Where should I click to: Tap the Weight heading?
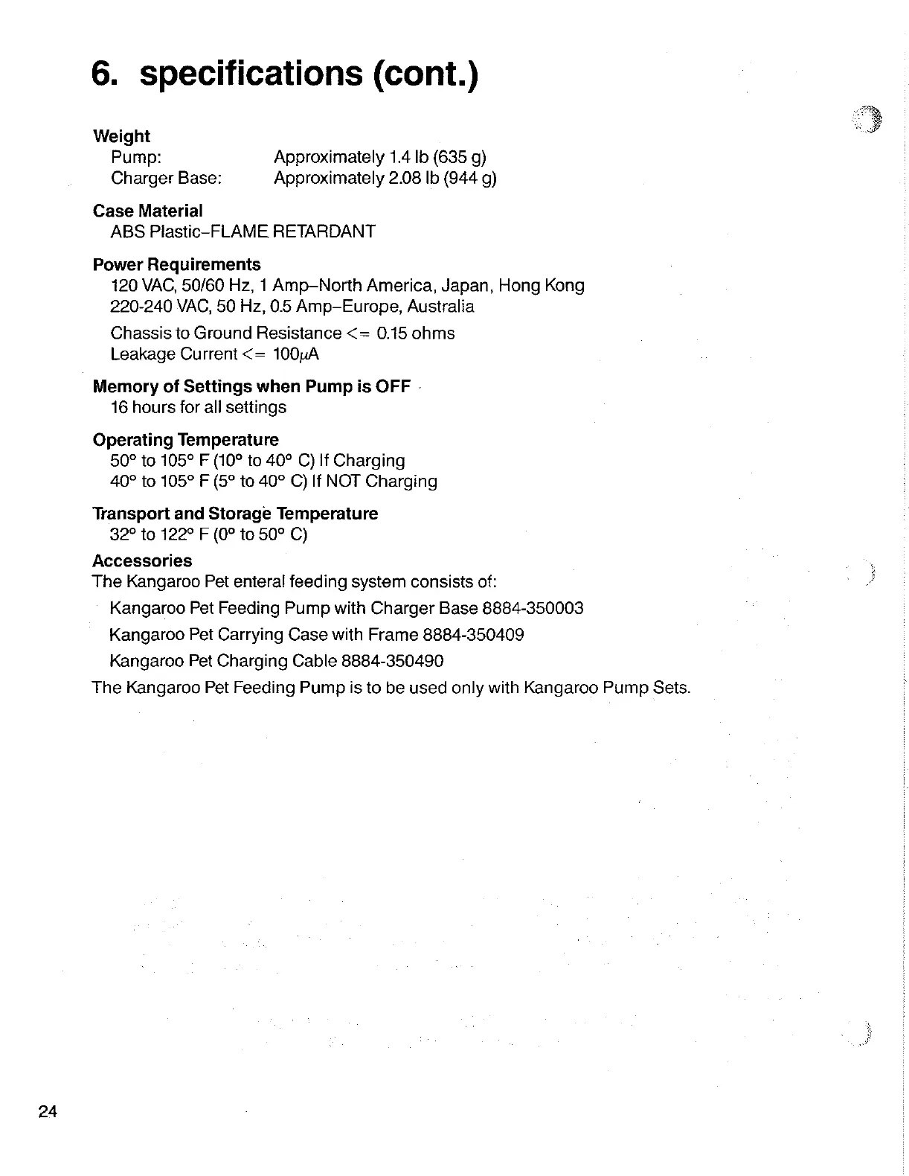[121, 136]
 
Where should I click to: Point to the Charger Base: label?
[166, 178]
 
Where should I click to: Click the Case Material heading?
[147, 211]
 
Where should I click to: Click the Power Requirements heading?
[176, 265]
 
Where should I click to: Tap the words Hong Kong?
[542, 286]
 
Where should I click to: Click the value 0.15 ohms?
[416, 333]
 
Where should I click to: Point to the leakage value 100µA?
[296, 354]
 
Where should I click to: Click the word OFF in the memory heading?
[393, 386]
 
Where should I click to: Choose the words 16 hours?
[144, 407]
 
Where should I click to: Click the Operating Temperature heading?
[185, 440]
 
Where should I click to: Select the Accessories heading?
[142, 560]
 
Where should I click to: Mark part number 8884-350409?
[473, 635]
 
